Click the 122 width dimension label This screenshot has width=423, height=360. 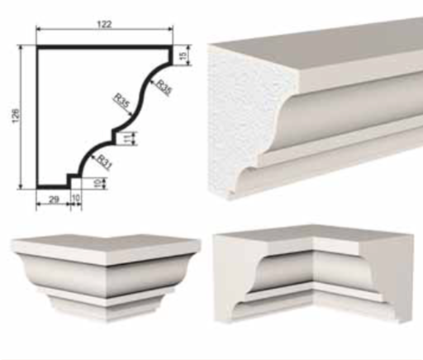(105, 24)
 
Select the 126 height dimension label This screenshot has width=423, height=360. (16, 116)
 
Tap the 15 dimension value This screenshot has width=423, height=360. (183, 55)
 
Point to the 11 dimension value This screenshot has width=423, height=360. (127, 139)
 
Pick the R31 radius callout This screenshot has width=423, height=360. (105, 163)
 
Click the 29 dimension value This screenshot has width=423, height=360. (54, 200)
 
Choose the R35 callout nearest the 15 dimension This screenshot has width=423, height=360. (164, 88)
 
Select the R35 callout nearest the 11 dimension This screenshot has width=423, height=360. (121, 101)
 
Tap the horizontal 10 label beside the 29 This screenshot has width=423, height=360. (76, 198)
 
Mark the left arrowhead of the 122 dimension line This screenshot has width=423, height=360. (38, 29)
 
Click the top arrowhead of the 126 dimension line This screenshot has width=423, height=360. (20, 47)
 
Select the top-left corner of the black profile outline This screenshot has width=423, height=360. (37, 46)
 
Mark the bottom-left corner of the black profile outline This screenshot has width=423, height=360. (37, 187)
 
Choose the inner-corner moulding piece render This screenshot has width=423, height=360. (313, 272)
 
